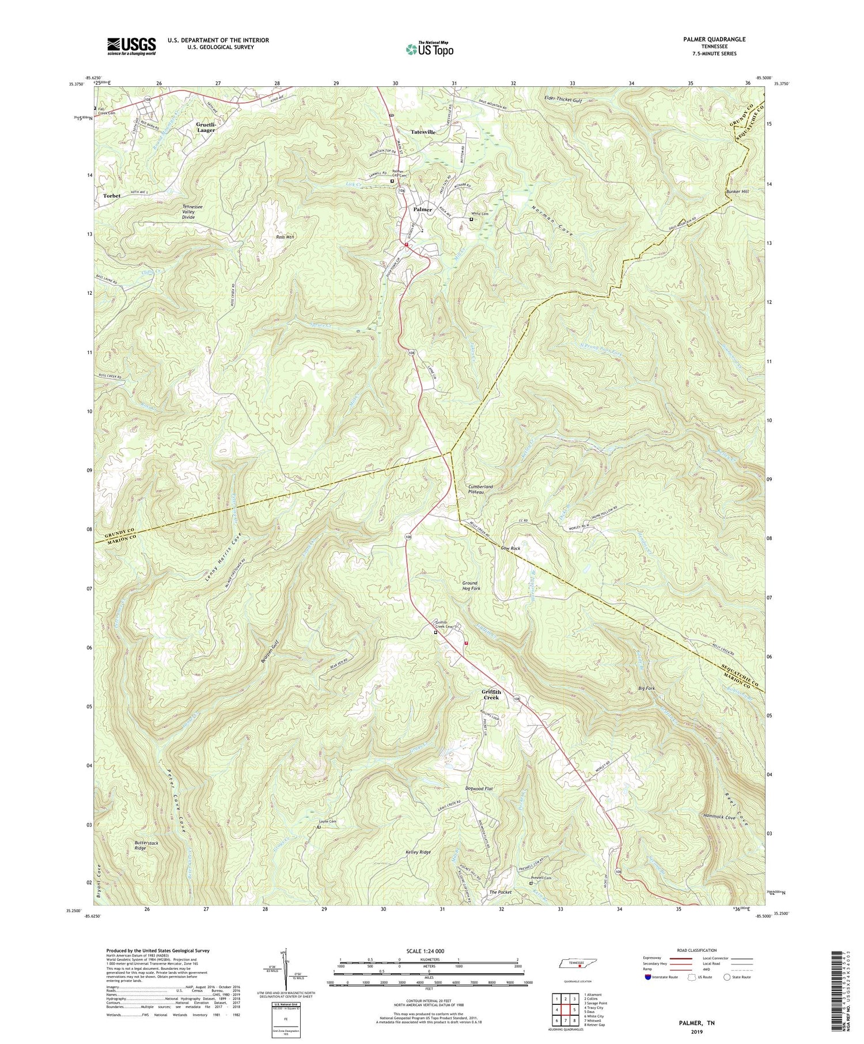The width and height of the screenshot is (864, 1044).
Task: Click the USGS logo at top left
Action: point(131,46)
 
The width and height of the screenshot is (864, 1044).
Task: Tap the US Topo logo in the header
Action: point(429,50)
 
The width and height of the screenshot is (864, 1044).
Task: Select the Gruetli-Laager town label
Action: point(206,127)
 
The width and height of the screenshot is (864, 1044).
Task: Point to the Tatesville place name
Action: point(423,132)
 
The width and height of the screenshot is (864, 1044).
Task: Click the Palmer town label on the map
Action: point(422,210)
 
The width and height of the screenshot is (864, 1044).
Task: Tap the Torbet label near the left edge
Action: point(112,196)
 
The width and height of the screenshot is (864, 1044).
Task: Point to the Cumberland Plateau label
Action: point(480,489)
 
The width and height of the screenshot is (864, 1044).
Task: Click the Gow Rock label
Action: point(510,548)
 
